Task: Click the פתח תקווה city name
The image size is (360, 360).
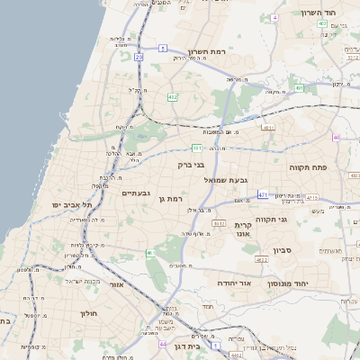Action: click(307, 167)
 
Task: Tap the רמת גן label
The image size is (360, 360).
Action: click(170, 198)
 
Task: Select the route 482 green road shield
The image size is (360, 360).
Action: click(171, 96)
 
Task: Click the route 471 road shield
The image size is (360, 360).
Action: click(262, 193)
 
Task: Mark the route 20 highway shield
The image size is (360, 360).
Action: click(139, 57)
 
